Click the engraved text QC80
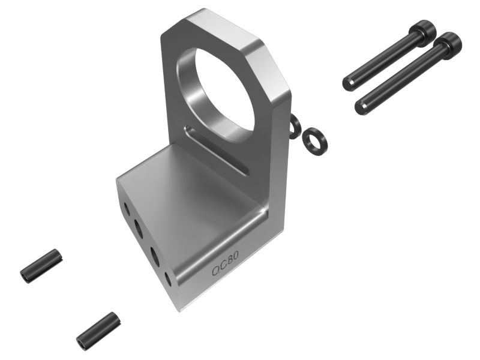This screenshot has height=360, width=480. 226,264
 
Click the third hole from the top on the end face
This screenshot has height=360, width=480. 154,254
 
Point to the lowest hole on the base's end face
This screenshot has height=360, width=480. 169,278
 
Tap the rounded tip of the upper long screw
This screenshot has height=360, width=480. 347,83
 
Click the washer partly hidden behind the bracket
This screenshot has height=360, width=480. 295,127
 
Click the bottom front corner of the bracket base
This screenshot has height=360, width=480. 179,309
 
